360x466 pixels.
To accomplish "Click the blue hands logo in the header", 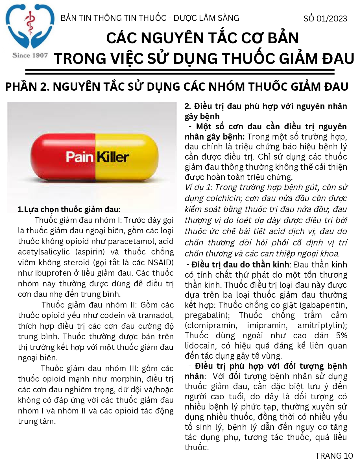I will (30, 27).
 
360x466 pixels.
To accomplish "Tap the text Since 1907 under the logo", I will (30, 55).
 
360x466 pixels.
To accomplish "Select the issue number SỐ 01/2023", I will (325, 19).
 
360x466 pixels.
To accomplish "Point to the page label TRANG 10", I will (334, 456).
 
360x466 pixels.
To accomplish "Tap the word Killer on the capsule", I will (113, 157).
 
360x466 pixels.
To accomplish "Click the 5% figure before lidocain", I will (341, 336).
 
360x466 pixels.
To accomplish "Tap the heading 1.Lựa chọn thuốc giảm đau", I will (69, 210).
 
